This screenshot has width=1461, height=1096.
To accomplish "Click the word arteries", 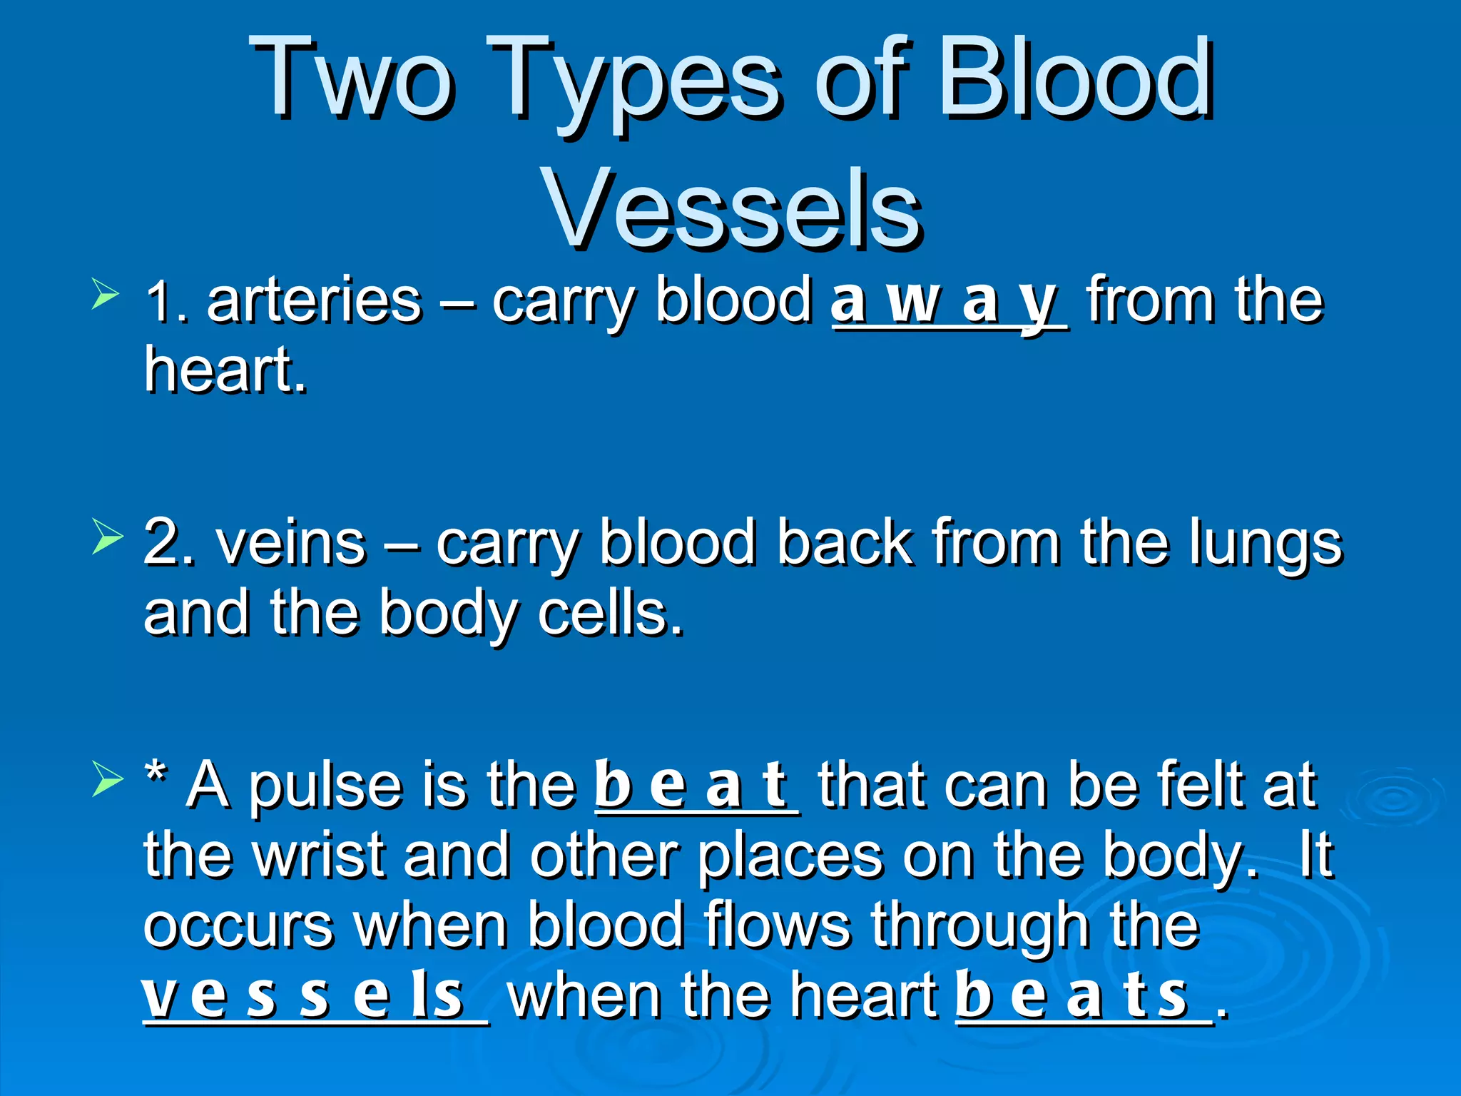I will [314, 300].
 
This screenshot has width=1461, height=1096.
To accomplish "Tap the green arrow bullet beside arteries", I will [105, 295].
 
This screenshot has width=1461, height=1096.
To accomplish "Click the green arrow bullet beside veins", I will [107, 537].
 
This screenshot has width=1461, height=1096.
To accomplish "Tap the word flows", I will [778, 925].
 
